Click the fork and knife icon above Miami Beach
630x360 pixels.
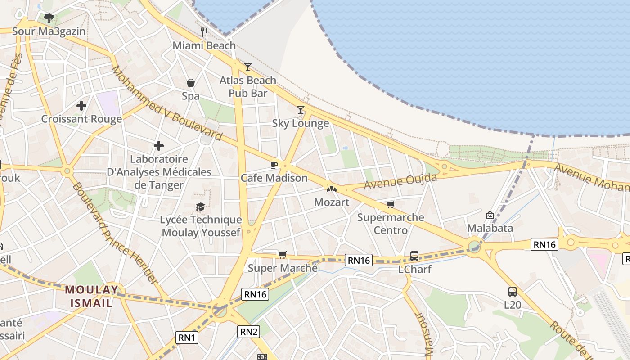204,32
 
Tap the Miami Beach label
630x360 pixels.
204,45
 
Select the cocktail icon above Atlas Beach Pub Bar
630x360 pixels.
247,67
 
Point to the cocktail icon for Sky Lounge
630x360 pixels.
301,110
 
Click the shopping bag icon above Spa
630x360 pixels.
191,83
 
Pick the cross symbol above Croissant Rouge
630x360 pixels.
81,106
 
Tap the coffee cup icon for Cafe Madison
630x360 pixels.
274,165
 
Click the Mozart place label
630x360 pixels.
332,202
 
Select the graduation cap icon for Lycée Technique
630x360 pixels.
201,207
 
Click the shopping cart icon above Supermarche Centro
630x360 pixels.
390,204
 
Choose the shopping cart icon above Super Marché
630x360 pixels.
283,255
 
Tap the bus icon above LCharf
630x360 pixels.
414,256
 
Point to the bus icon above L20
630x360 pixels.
513,291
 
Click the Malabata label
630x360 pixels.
490,228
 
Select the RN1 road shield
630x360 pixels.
187,337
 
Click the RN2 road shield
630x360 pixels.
249,332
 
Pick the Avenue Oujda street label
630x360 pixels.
400,181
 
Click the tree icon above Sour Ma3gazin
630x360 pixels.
49,18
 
